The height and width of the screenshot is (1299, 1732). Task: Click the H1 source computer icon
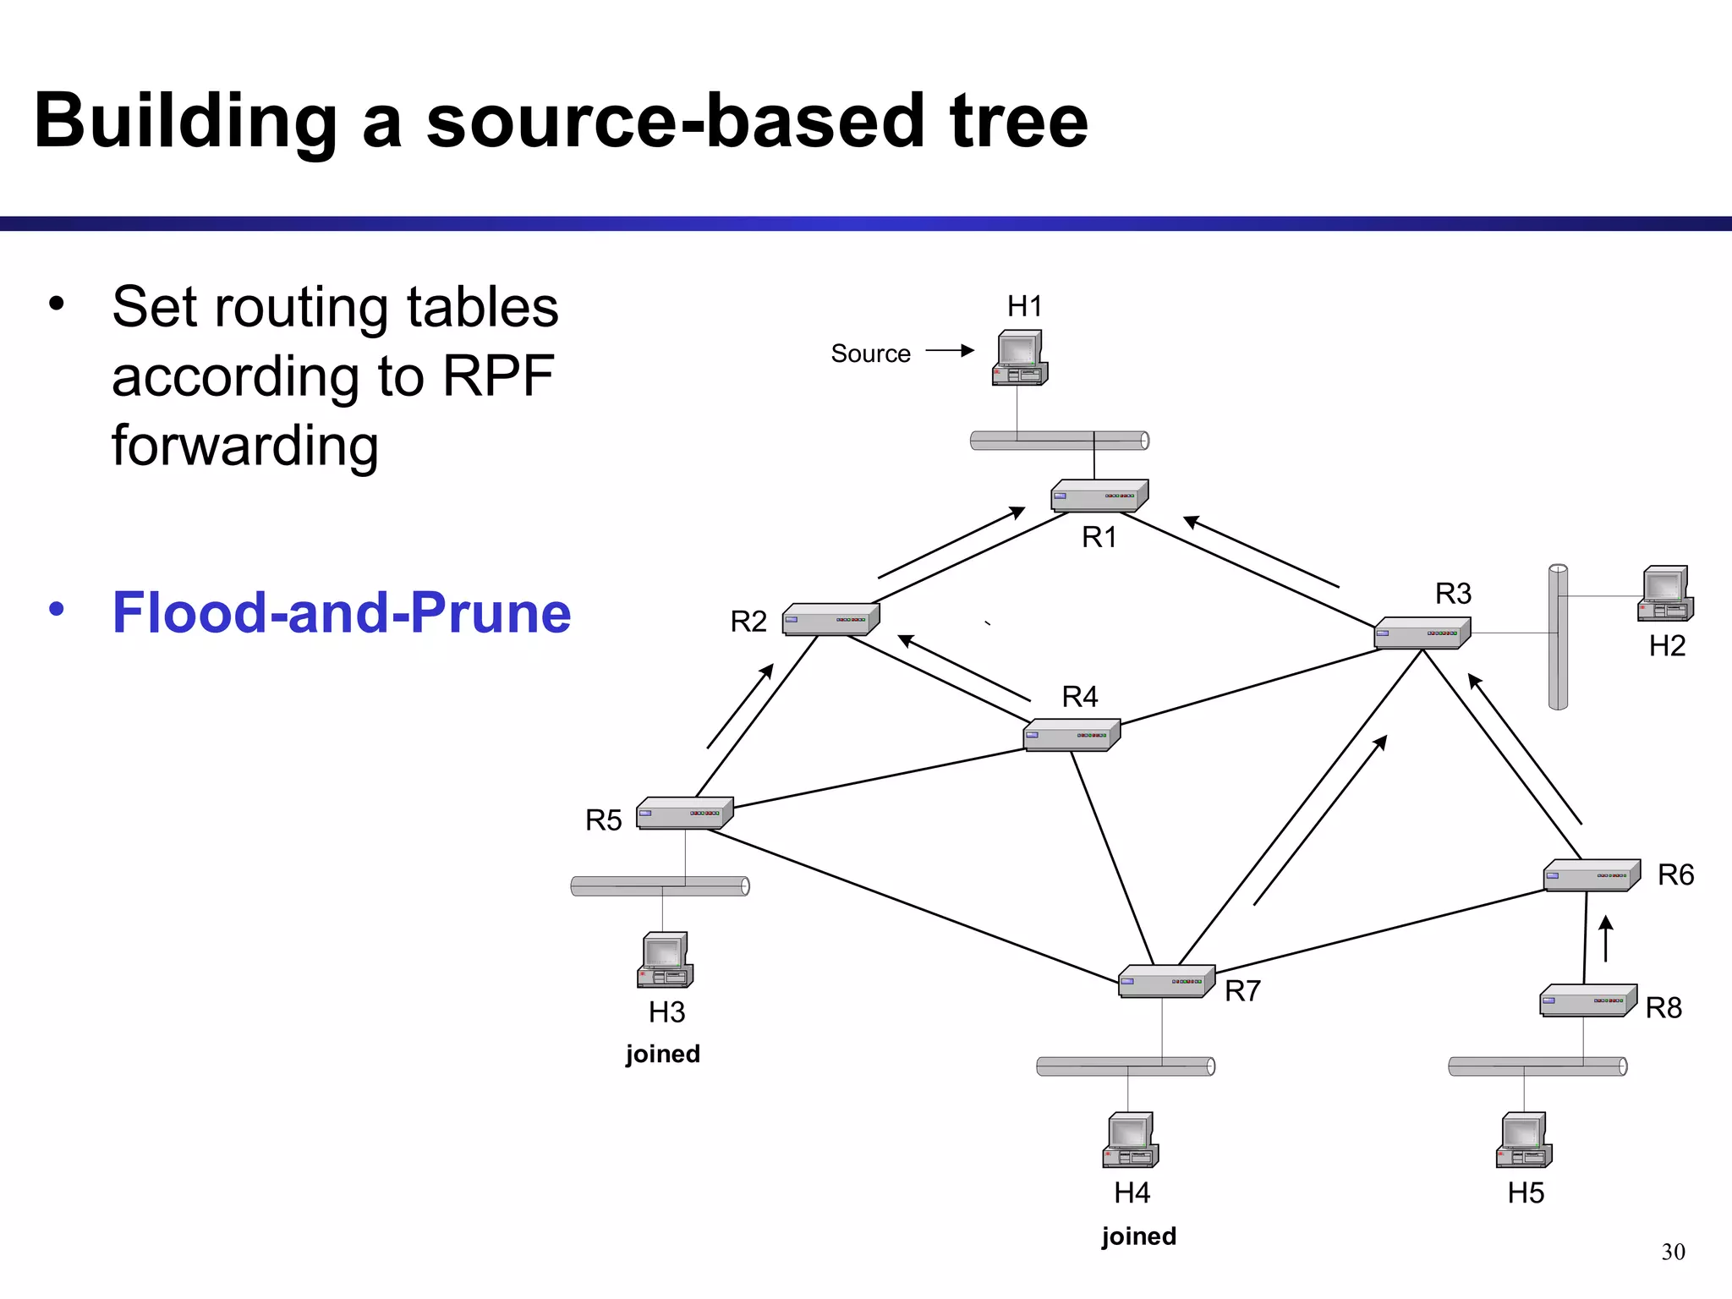pos(1020,358)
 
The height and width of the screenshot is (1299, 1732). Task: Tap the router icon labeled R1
pos(1099,496)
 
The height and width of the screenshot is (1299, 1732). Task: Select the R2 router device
pos(830,619)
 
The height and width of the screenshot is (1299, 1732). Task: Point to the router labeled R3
pos(1422,633)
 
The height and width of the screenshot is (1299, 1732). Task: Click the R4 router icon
pos(1072,735)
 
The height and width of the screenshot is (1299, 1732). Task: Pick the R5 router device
pos(684,813)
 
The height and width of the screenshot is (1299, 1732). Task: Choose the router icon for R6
pos(1592,875)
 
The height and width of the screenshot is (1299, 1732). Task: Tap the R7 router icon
pos(1166,981)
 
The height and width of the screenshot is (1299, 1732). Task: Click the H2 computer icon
pos(1665,594)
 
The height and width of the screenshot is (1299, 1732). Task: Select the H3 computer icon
pos(665,960)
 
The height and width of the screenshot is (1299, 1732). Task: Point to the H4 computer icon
pos(1131,1140)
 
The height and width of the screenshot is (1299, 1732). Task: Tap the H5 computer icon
pos(1524,1140)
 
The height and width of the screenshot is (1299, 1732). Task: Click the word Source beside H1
pos(870,354)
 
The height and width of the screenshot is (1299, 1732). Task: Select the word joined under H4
pos(1138,1236)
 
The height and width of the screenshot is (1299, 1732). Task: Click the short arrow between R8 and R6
pos(1606,939)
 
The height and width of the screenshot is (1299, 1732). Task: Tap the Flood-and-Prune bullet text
pos(342,612)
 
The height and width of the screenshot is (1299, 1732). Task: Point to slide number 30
pos(1673,1252)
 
